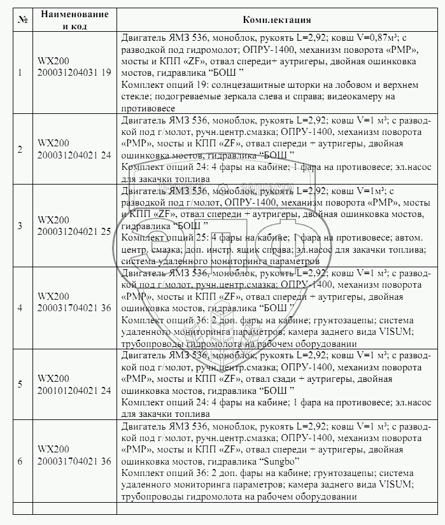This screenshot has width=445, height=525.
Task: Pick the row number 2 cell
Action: click(x=20, y=150)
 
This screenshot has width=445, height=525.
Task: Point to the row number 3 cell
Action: click(x=20, y=225)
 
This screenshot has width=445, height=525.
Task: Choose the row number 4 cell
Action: click(x=20, y=308)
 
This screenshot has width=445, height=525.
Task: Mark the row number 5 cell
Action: click(x=20, y=384)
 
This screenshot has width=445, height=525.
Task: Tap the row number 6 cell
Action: click(x=20, y=460)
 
